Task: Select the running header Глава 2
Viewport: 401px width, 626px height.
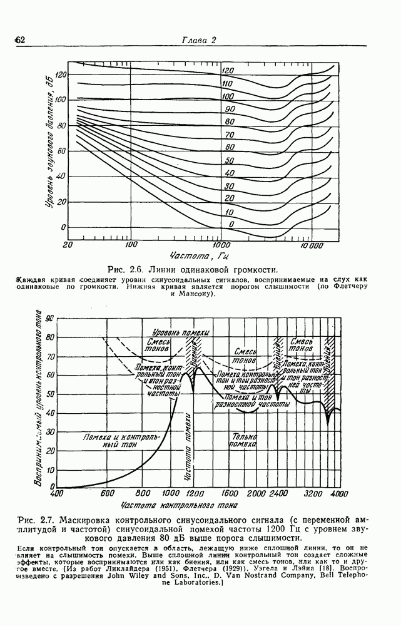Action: click(x=199, y=41)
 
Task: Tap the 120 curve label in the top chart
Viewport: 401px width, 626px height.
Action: click(x=228, y=71)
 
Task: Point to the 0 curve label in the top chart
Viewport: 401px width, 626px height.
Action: click(x=231, y=224)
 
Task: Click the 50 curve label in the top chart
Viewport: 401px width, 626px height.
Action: click(x=229, y=161)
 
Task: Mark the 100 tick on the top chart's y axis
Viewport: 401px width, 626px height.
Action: click(x=59, y=100)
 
